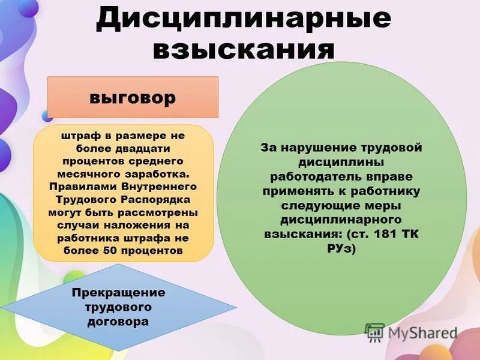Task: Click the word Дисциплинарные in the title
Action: [x=244, y=20]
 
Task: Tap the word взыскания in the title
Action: [x=244, y=49]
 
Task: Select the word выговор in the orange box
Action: [x=133, y=97]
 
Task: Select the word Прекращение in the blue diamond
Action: [x=118, y=293]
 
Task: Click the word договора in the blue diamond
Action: [x=118, y=322]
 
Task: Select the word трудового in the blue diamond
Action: [x=118, y=307]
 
